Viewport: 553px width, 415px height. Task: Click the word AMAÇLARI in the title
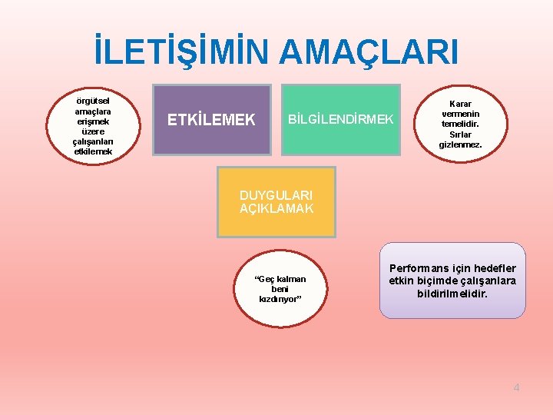pos(369,52)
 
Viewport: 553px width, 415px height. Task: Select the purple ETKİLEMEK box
pos(211,119)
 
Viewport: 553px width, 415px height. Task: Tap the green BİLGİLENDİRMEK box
pos(340,119)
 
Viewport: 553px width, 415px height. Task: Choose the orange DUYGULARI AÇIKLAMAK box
pos(276,201)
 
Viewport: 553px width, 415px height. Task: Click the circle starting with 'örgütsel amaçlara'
pos(93,124)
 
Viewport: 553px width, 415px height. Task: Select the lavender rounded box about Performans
pos(452,281)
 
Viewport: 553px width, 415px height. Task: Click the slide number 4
pos(516,387)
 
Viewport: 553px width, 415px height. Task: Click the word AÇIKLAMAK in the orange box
pos(276,208)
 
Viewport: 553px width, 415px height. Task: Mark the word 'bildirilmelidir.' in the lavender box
pos(452,294)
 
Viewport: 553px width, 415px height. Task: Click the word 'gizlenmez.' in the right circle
pos(460,144)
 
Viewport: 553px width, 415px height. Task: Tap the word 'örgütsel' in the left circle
pos(93,101)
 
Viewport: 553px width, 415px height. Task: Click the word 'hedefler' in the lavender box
pos(495,268)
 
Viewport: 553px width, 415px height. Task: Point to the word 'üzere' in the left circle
pos(93,131)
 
